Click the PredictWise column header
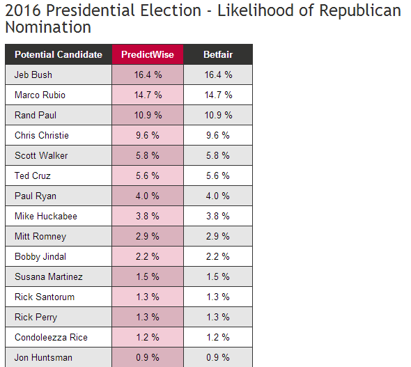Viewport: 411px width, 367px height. [x=148, y=54]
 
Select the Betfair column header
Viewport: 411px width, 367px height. [x=218, y=54]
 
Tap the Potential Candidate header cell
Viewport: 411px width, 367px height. [x=59, y=54]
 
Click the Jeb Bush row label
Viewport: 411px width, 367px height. [x=33, y=75]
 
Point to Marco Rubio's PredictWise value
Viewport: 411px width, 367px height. [x=148, y=95]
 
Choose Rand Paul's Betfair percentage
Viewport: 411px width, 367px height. [x=218, y=116]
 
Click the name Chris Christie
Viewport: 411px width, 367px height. [x=42, y=135]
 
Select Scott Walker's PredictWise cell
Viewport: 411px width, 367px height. [x=147, y=155]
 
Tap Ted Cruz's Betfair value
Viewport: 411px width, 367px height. [x=217, y=175]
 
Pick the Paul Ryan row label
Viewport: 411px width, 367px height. [x=36, y=196]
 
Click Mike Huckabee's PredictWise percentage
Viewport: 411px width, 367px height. [x=147, y=216]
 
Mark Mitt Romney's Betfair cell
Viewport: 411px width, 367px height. [x=217, y=236]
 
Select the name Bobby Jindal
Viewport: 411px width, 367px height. [x=40, y=257]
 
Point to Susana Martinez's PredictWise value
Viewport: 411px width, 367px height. [x=147, y=276]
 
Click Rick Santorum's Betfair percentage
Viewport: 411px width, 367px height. [x=217, y=297]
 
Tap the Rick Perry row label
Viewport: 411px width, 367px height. [x=36, y=318]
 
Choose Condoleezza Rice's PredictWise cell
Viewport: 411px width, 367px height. [x=147, y=337]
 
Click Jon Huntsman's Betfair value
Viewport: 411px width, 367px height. [x=217, y=357]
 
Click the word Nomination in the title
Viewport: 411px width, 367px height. [x=48, y=27]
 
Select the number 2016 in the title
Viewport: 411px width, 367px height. [x=23, y=10]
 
